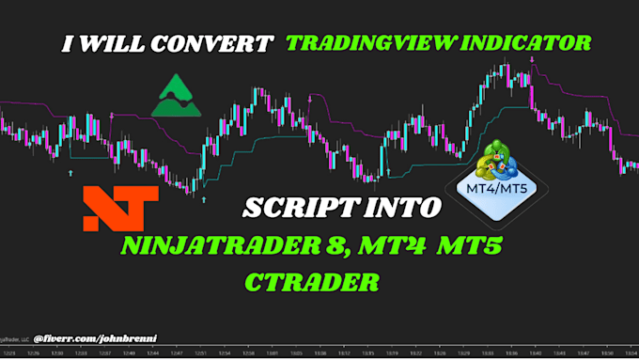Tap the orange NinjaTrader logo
click(x=115, y=208)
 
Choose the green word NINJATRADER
click(x=211, y=248)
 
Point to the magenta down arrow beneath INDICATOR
click(x=532, y=61)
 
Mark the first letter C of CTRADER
click(x=254, y=281)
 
